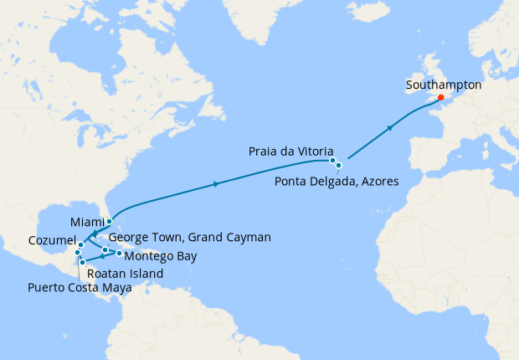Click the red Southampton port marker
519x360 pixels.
click(441, 98)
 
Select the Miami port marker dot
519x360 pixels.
click(110, 222)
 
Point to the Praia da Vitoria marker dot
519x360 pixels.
click(332, 160)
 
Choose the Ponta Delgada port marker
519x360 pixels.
click(339, 166)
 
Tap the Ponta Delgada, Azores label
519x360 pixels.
click(337, 182)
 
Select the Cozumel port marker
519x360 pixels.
click(80, 245)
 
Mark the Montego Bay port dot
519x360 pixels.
click(119, 253)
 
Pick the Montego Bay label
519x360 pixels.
click(162, 256)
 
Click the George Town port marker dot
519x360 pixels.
click(105, 249)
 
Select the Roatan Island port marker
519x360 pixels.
click(82, 263)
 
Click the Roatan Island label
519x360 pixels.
click(126, 274)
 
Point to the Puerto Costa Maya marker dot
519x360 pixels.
click(77, 253)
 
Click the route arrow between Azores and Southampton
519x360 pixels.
click(390, 127)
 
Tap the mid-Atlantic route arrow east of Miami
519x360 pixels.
click(218, 183)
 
